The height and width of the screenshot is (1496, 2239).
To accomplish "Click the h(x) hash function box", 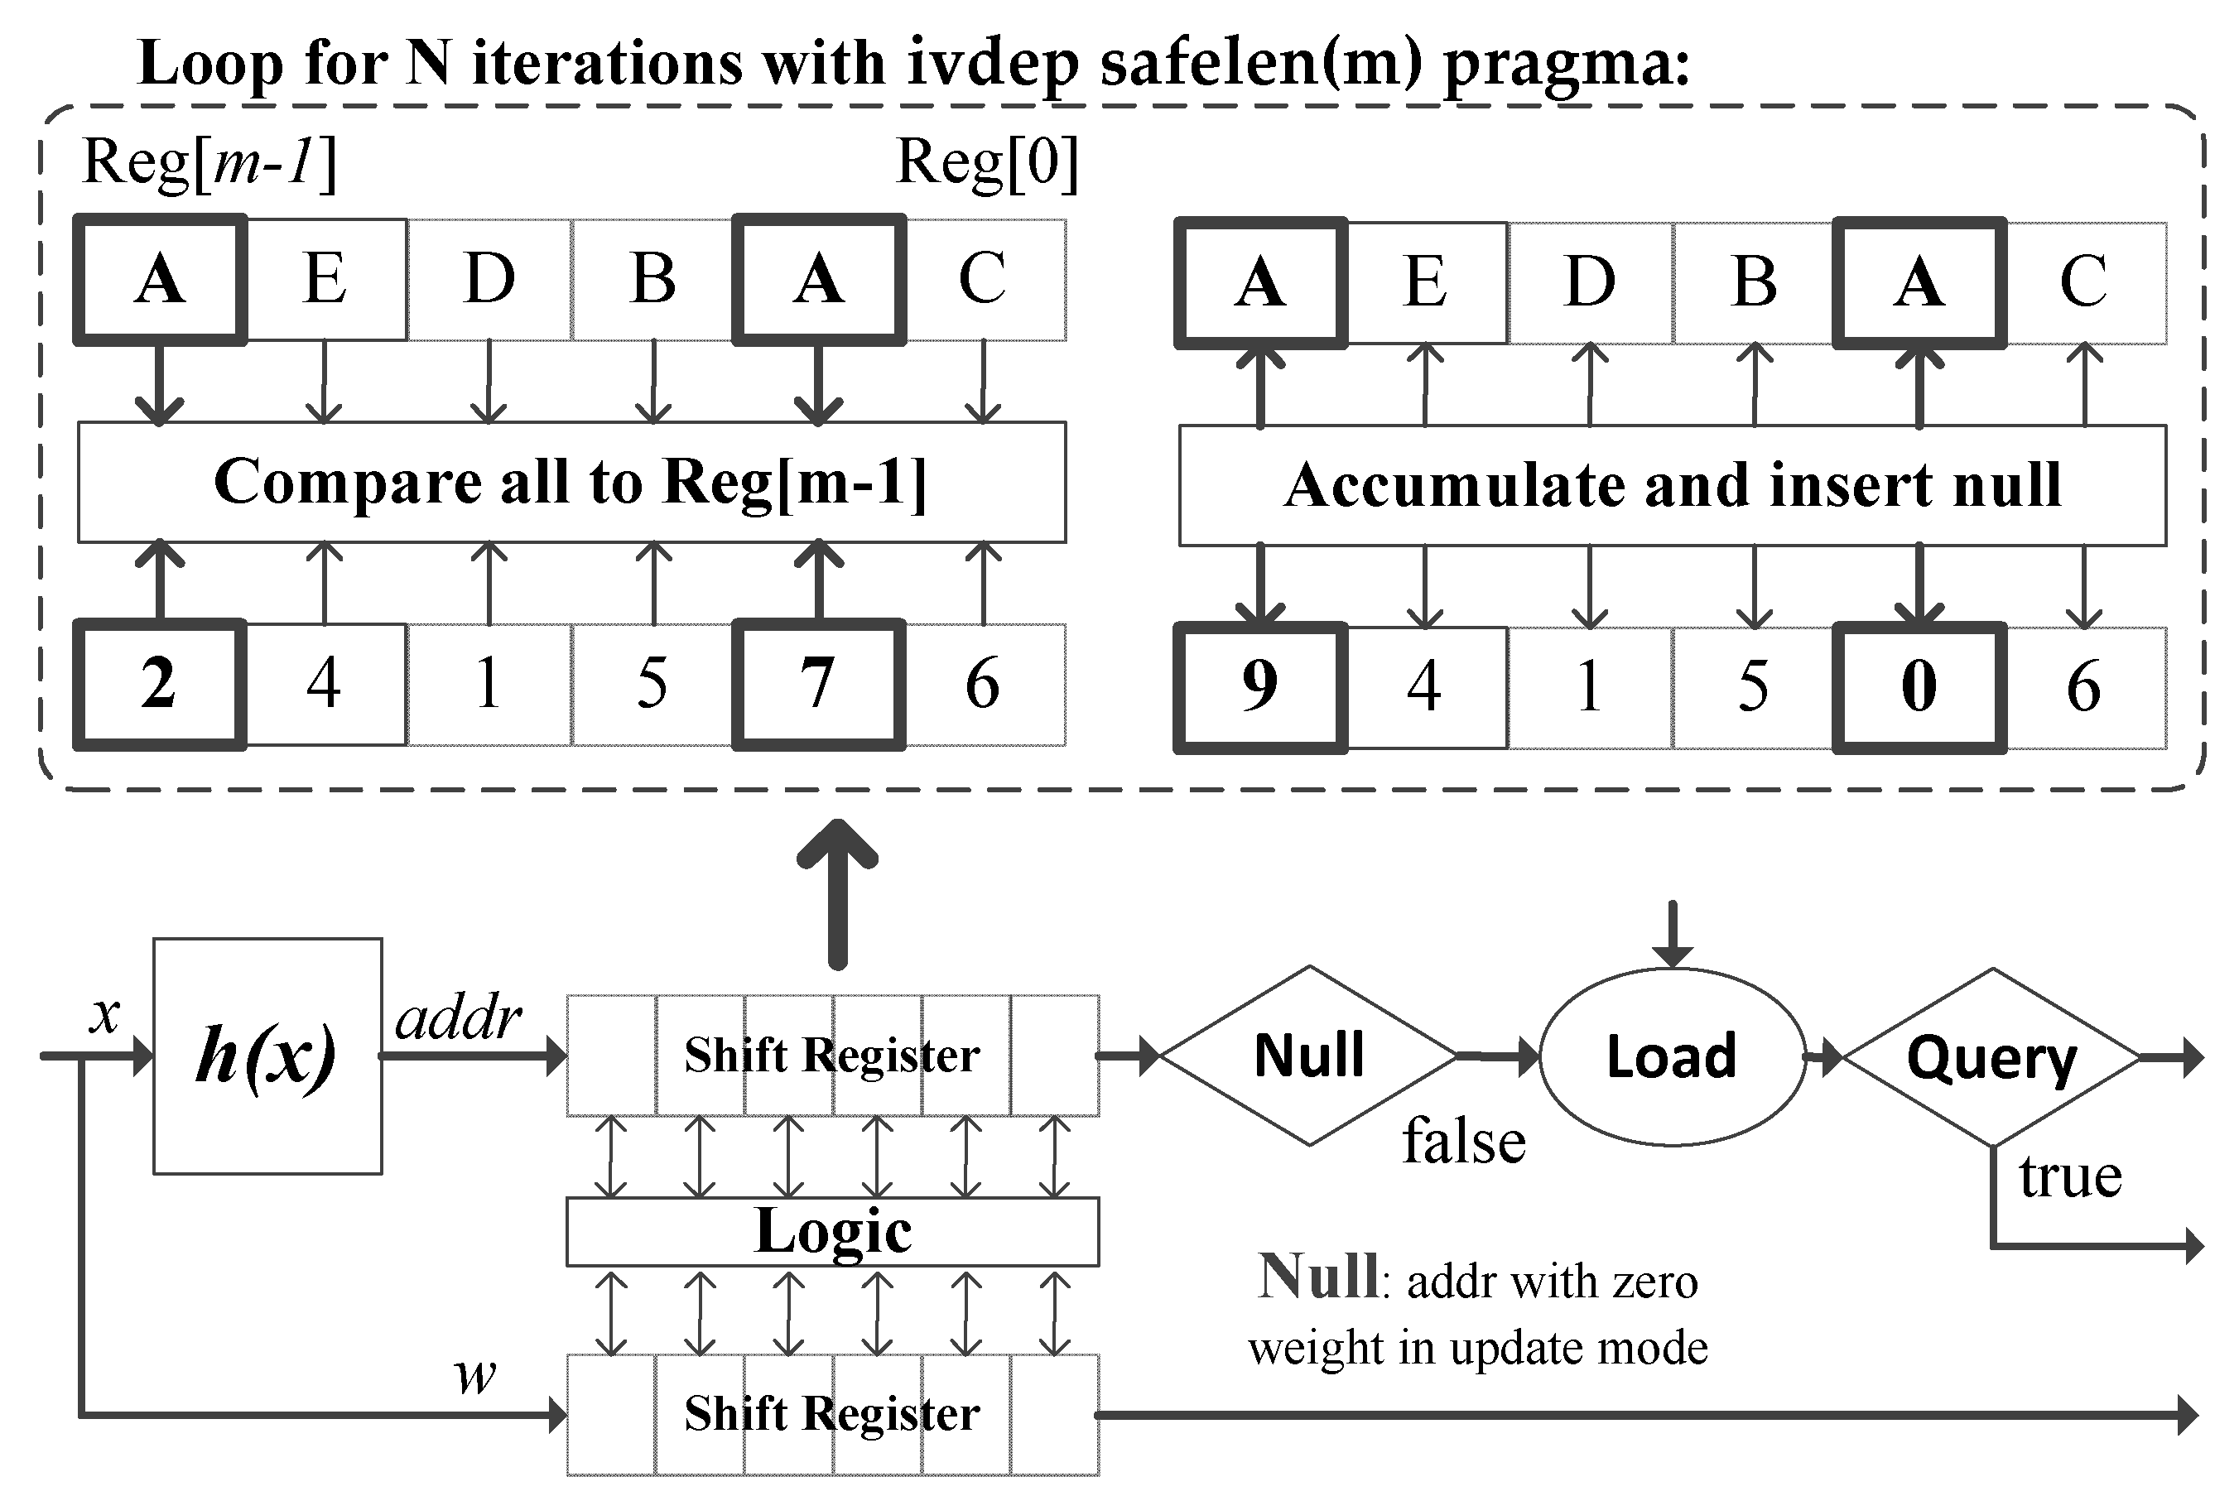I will (x=267, y=1056).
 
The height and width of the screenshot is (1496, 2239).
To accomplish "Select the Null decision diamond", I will (x=1309, y=1056).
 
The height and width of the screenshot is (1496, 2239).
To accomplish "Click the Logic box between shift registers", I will (x=832, y=1231).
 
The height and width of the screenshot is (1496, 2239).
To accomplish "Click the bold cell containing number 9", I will (x=1259, y=687).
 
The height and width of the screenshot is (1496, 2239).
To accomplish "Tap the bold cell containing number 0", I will (x=1919, y=687).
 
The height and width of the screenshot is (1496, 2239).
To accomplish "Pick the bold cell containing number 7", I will (x=817, y=684).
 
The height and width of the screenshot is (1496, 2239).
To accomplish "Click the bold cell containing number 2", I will (x=159, y=684).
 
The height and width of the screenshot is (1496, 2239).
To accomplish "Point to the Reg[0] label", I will (x=986, y=162).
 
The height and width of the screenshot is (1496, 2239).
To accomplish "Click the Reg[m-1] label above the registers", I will (x=209, y=162).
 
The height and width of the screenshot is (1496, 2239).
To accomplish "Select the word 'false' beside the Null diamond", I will (x=1463, y=1141).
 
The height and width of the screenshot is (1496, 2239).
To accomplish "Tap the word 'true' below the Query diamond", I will (x=2070, y=1176).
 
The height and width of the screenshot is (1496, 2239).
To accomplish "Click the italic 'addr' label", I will (x=458, y=1018).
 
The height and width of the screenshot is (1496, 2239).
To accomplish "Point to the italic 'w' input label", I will (x=475, y=1376).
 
